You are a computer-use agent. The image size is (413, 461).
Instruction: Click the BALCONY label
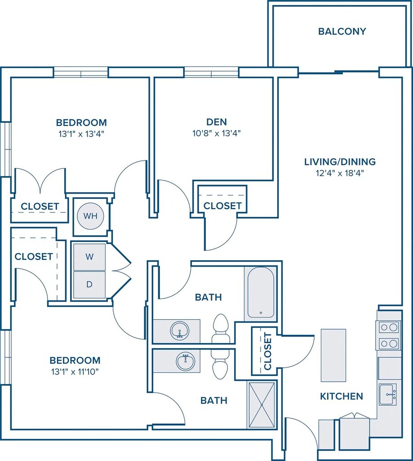(x=342, y=31)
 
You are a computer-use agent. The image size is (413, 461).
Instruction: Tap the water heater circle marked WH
(x=90, y=216)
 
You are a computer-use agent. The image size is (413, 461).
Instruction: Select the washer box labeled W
(x=89, y=257)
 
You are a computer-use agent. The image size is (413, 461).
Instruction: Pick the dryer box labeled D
(x=89, y=285)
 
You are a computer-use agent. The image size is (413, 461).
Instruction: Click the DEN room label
(x=216, y=122)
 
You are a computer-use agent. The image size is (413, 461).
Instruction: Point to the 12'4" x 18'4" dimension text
(x=340, y=173)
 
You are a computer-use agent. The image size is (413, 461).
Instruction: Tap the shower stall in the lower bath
(x=261, y=405)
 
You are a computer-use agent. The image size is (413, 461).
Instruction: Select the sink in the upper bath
(x=179, y=331)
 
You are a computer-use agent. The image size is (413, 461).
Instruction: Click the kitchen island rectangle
(x=333, y=355)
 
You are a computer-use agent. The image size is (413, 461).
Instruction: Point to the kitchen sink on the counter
(x=387, y=394)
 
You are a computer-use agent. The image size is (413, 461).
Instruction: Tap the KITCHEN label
(x=342, y=396)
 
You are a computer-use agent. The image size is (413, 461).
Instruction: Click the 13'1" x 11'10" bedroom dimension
(x=75, y=372)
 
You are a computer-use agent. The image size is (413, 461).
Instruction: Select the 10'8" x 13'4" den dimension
(x=216, y=133)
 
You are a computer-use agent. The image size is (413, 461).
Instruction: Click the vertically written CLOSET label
(x=268, y=351)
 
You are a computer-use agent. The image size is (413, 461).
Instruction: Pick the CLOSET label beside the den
(x=222, y=206)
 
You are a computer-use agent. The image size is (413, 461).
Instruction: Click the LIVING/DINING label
(x=340, y=162)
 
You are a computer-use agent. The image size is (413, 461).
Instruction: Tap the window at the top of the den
(x=211, y=72)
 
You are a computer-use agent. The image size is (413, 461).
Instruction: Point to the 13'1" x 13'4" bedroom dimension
(x=81, y=134)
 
